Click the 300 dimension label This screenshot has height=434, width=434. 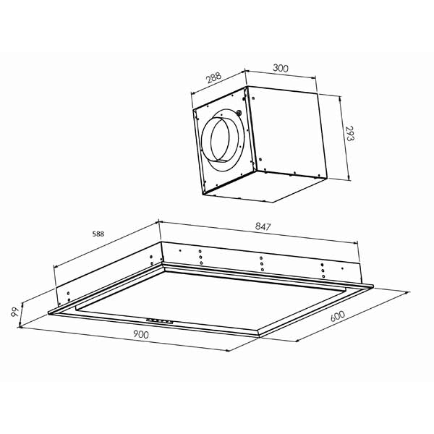coord(281,68)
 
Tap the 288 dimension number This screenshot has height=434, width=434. coord(214,78)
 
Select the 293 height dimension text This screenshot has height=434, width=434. coord(350,134)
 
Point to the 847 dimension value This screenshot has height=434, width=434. coord(263,226)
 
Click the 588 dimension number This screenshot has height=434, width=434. coord(98,234)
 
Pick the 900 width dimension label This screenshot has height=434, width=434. coord(141,335)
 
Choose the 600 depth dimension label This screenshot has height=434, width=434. coord(338,316)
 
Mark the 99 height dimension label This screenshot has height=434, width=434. coord(14,312)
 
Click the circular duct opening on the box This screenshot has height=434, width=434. coord(220,139)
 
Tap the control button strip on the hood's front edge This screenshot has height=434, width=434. coord(160,321)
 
